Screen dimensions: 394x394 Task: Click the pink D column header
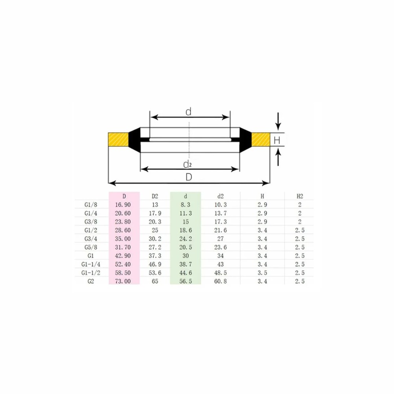click(124, 196)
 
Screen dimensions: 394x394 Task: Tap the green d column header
click(186, 196)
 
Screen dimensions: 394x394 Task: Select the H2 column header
click(300, 196)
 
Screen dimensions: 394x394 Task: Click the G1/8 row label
click(91, 205)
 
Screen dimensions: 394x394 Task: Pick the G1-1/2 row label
click(91, 273)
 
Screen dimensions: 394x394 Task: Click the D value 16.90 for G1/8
click(123, 205)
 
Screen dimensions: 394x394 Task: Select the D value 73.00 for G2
click(123, 281)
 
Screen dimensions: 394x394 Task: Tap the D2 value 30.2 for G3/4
click(155, 239)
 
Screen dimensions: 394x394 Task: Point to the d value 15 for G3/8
click(186, 222)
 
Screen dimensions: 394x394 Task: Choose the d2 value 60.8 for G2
click(220, 281)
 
